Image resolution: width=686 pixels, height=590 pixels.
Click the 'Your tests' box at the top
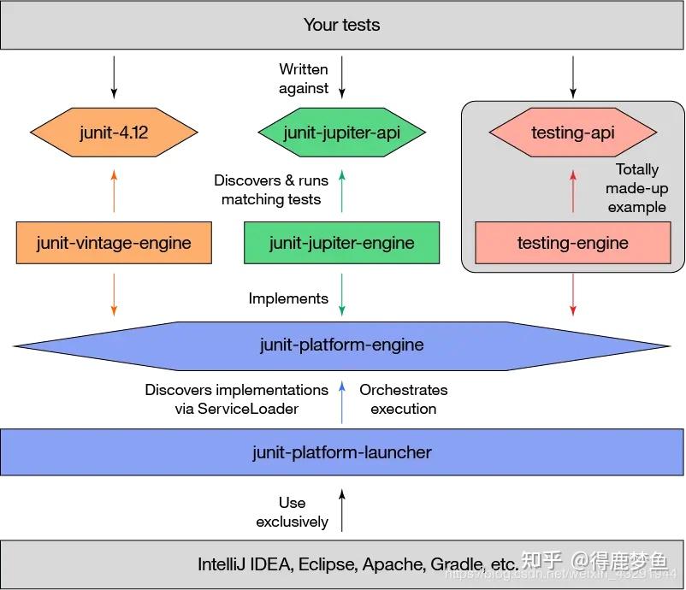[x=342, y=25]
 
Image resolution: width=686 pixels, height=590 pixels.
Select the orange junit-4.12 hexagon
[x=114, y=133]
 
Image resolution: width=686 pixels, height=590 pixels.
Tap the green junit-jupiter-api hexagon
[x=341, y=133]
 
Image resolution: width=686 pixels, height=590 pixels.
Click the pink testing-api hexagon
[x=572, y=133]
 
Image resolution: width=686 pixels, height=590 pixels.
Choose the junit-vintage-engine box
[x=114, y=243]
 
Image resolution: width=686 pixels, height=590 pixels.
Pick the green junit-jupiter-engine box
[x=341, y=243]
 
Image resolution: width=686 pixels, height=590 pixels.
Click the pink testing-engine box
[x=572, y=243]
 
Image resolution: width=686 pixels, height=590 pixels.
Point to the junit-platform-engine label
[x=341, y=345]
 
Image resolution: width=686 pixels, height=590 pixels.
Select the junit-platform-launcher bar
[x=342, y=452]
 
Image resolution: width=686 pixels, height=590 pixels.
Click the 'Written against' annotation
[x=304, y=78]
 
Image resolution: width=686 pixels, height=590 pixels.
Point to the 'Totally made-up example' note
[x=637, y=188]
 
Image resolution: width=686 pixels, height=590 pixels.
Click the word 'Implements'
[x=288, y=298]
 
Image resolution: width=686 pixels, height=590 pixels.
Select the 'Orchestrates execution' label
[x=403, y=399]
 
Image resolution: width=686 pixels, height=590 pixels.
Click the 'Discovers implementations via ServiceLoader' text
[x=237, y=399]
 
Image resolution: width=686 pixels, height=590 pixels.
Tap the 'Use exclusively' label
[x=292, y=512]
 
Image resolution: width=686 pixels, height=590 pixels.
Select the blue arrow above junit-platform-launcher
[x=342, y=403]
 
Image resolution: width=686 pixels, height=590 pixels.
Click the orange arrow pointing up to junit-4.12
[x=114, y=190]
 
